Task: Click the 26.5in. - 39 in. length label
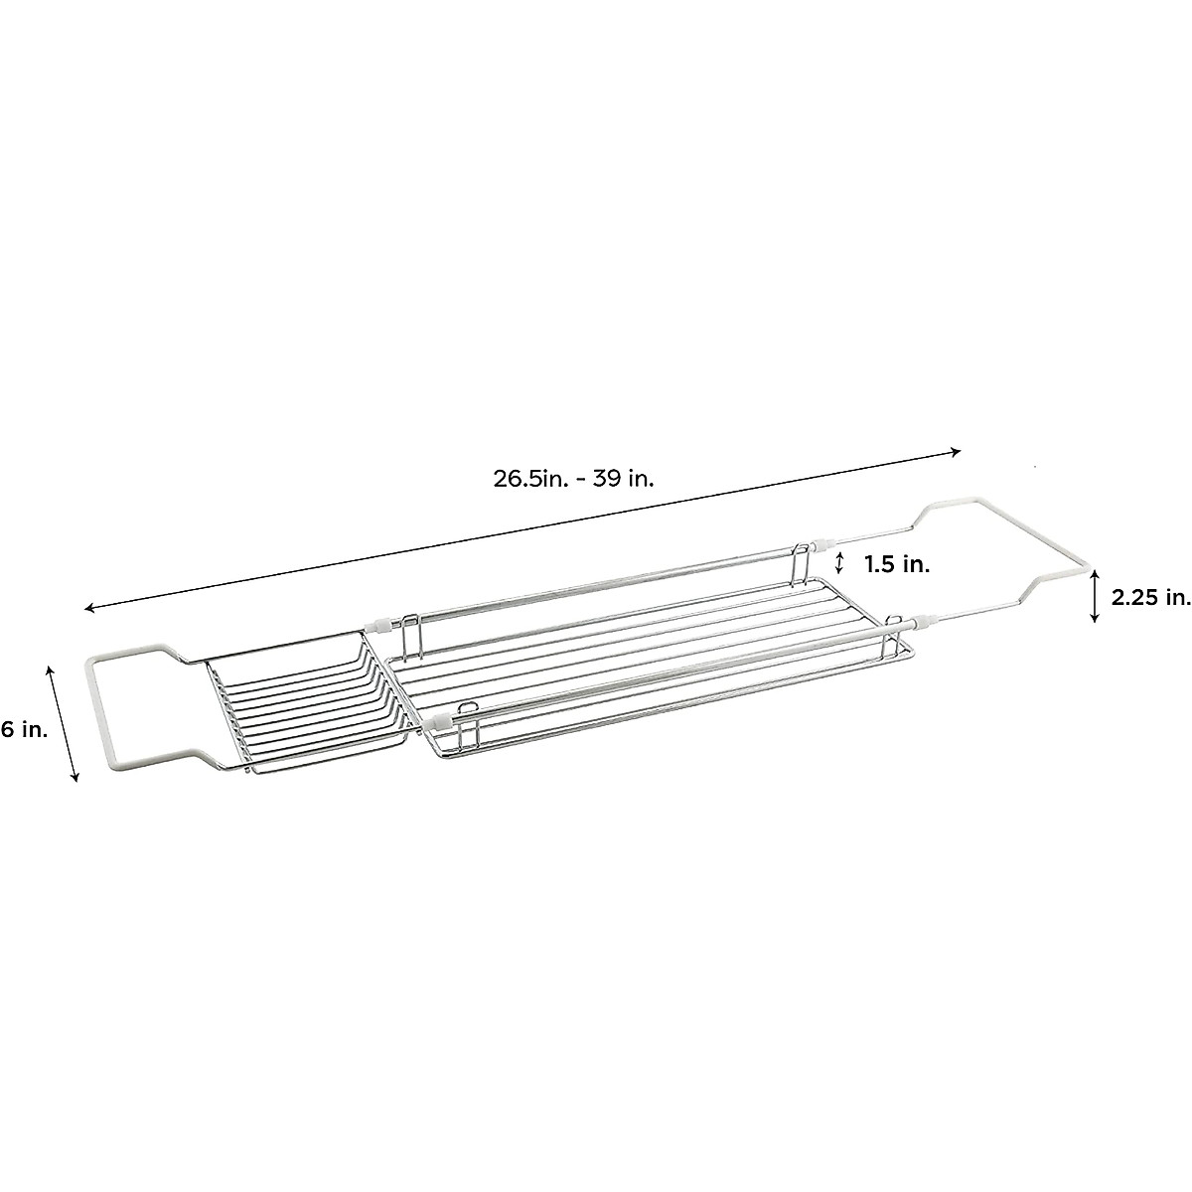click(x=573, y=480)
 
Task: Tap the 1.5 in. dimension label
click(x=897, y=565)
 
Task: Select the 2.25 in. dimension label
click(x=1150, y=599)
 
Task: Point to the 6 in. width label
click(x=24, y=730)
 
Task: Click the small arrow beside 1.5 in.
click(x=839, y=563)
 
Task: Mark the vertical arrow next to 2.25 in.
click(x=1095, y=596)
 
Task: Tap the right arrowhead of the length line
click(x=956, y=451)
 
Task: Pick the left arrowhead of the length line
click(x=90, y=608)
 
